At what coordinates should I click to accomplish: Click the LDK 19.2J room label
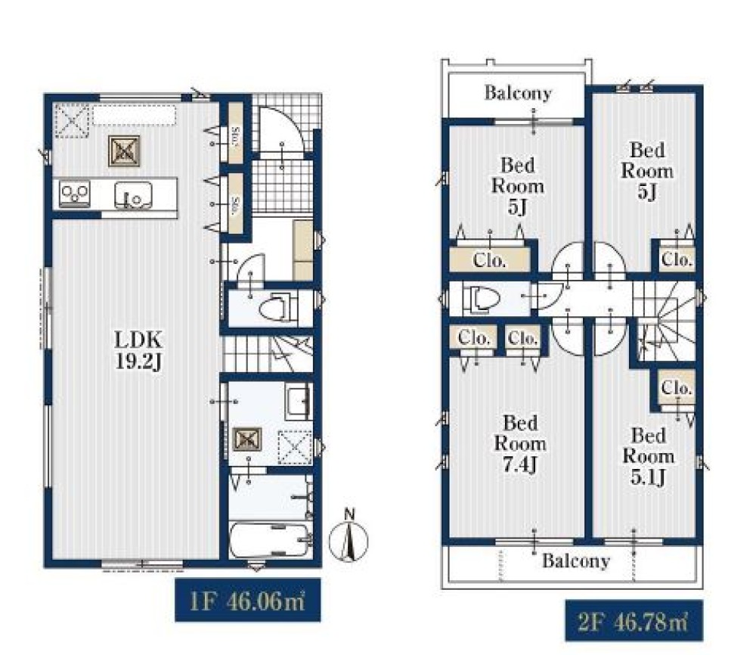coord(138,350)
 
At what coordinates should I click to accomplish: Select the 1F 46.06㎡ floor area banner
coord(247,600)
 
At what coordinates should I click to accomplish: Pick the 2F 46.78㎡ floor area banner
coord(634,621)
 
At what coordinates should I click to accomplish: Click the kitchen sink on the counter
coord(133,195)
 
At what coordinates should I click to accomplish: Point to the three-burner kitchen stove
coord(75,194)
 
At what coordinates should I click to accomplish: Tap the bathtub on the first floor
coord(270,540)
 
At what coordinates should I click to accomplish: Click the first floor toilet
coord(280,307)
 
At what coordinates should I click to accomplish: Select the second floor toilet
coord(482,299)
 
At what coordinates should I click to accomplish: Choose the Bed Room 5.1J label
coord(648,456)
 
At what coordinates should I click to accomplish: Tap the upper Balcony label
coord(518,92)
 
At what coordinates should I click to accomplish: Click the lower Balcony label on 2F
coord(575,560)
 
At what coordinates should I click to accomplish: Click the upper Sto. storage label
coord(236,132)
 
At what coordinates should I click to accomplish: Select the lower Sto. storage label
coord(236,203)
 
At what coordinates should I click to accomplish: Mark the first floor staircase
coord(268,354)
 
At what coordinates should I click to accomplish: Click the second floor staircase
coord(665,321)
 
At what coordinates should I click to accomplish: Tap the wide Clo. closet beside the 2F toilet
coord(490,260)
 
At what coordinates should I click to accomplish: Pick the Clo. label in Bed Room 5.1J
coord(677,387)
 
